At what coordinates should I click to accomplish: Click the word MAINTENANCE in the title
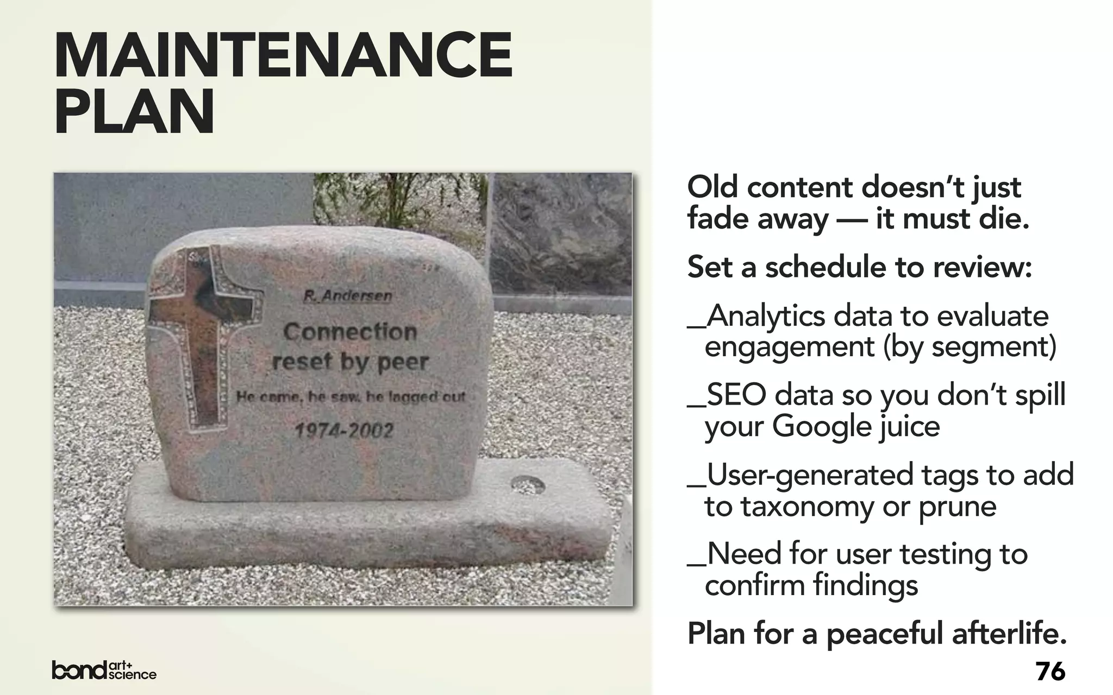(283, 56)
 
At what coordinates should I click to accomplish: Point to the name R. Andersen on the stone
(348, 296)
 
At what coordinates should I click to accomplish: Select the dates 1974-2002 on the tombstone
(343, 431)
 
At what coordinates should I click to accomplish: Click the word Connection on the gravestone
(350, 332)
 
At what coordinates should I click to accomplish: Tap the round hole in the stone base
(528, 484)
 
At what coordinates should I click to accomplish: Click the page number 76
(1050, 672)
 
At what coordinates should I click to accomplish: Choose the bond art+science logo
(104, 670)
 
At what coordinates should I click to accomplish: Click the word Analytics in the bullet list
(765, 316)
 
